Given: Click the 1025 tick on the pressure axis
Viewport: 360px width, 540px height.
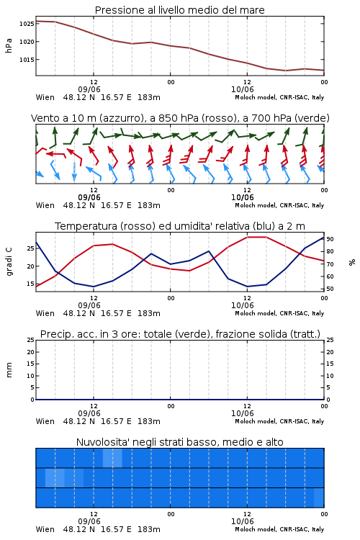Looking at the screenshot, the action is point(27,24).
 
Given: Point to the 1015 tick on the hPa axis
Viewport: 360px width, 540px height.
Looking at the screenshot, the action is point(27,60).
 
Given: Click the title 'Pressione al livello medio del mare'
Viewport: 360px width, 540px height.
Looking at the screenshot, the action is point(180,10).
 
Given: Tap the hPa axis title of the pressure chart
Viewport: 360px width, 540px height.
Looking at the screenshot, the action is point(9,45).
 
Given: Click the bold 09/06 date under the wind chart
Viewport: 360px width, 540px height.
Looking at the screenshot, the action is point(89,197).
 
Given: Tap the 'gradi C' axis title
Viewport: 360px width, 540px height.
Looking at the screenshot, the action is point(9,262).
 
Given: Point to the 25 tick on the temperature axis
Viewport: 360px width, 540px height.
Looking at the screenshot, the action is point(30,248).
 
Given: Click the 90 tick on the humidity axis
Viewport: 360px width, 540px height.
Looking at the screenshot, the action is point(330,239).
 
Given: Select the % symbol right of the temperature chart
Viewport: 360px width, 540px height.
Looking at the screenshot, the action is point(352,262).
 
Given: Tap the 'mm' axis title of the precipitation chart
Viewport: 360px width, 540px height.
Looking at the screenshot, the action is point(9,370).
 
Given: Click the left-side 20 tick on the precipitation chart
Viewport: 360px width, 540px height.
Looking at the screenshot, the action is point(31,352).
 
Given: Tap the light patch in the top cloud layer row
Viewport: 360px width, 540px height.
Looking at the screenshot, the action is point(112,458).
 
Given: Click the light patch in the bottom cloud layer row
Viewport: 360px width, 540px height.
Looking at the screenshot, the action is point(319,498).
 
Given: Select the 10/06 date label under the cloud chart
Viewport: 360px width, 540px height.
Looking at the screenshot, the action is point(243,521).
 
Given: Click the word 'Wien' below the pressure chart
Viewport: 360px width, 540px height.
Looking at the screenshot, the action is point(45,97).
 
